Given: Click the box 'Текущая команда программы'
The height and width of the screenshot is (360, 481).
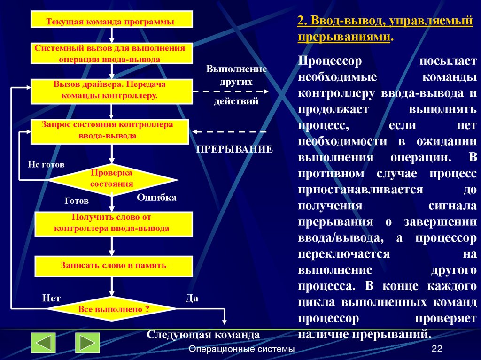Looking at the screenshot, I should (112, 21).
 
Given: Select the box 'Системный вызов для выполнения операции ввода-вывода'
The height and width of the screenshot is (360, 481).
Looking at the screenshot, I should (112, 54).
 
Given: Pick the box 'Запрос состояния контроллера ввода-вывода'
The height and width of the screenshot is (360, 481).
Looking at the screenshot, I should (109, 131).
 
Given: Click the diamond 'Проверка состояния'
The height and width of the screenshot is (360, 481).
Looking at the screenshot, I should (112, 180).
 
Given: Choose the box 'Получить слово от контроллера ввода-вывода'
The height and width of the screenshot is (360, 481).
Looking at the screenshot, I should (114, 223).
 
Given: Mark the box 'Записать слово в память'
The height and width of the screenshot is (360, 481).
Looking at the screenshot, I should (114, 266).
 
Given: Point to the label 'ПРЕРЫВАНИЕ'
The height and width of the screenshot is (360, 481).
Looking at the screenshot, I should (234, 149).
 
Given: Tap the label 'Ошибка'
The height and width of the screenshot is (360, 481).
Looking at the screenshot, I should (156, 198).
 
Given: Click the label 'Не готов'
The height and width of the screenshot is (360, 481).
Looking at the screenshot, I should (46, 165).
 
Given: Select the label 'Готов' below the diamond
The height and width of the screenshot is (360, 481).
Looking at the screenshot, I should (77, 201).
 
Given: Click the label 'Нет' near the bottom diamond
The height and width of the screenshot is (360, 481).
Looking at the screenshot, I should (51, 298).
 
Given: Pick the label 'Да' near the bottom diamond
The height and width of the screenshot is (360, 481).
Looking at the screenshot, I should (192, 298).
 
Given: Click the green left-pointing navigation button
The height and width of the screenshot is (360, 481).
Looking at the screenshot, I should (44, 343).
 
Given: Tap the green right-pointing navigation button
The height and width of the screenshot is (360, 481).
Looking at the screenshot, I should (87, 343).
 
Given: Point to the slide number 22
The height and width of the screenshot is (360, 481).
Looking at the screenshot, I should (437, 349).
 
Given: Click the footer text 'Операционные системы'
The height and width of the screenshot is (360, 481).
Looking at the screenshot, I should (241, 349).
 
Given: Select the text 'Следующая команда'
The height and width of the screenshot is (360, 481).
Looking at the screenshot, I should (203, 335).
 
